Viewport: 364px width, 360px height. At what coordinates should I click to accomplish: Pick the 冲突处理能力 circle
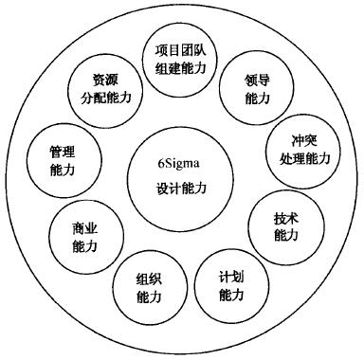(x=299, y=148)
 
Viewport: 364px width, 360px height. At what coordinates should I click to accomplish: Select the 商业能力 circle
(x=85, y=238)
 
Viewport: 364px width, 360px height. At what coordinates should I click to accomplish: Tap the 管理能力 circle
(x=63, y=160)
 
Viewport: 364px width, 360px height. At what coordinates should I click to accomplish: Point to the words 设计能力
(x=180, y=189)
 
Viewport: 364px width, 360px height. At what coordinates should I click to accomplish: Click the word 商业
(x=85, y=229)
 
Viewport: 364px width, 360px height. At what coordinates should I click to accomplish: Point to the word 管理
(x=63, y=152)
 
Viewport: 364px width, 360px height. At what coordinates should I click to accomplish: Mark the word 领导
(x=251, y=81)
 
